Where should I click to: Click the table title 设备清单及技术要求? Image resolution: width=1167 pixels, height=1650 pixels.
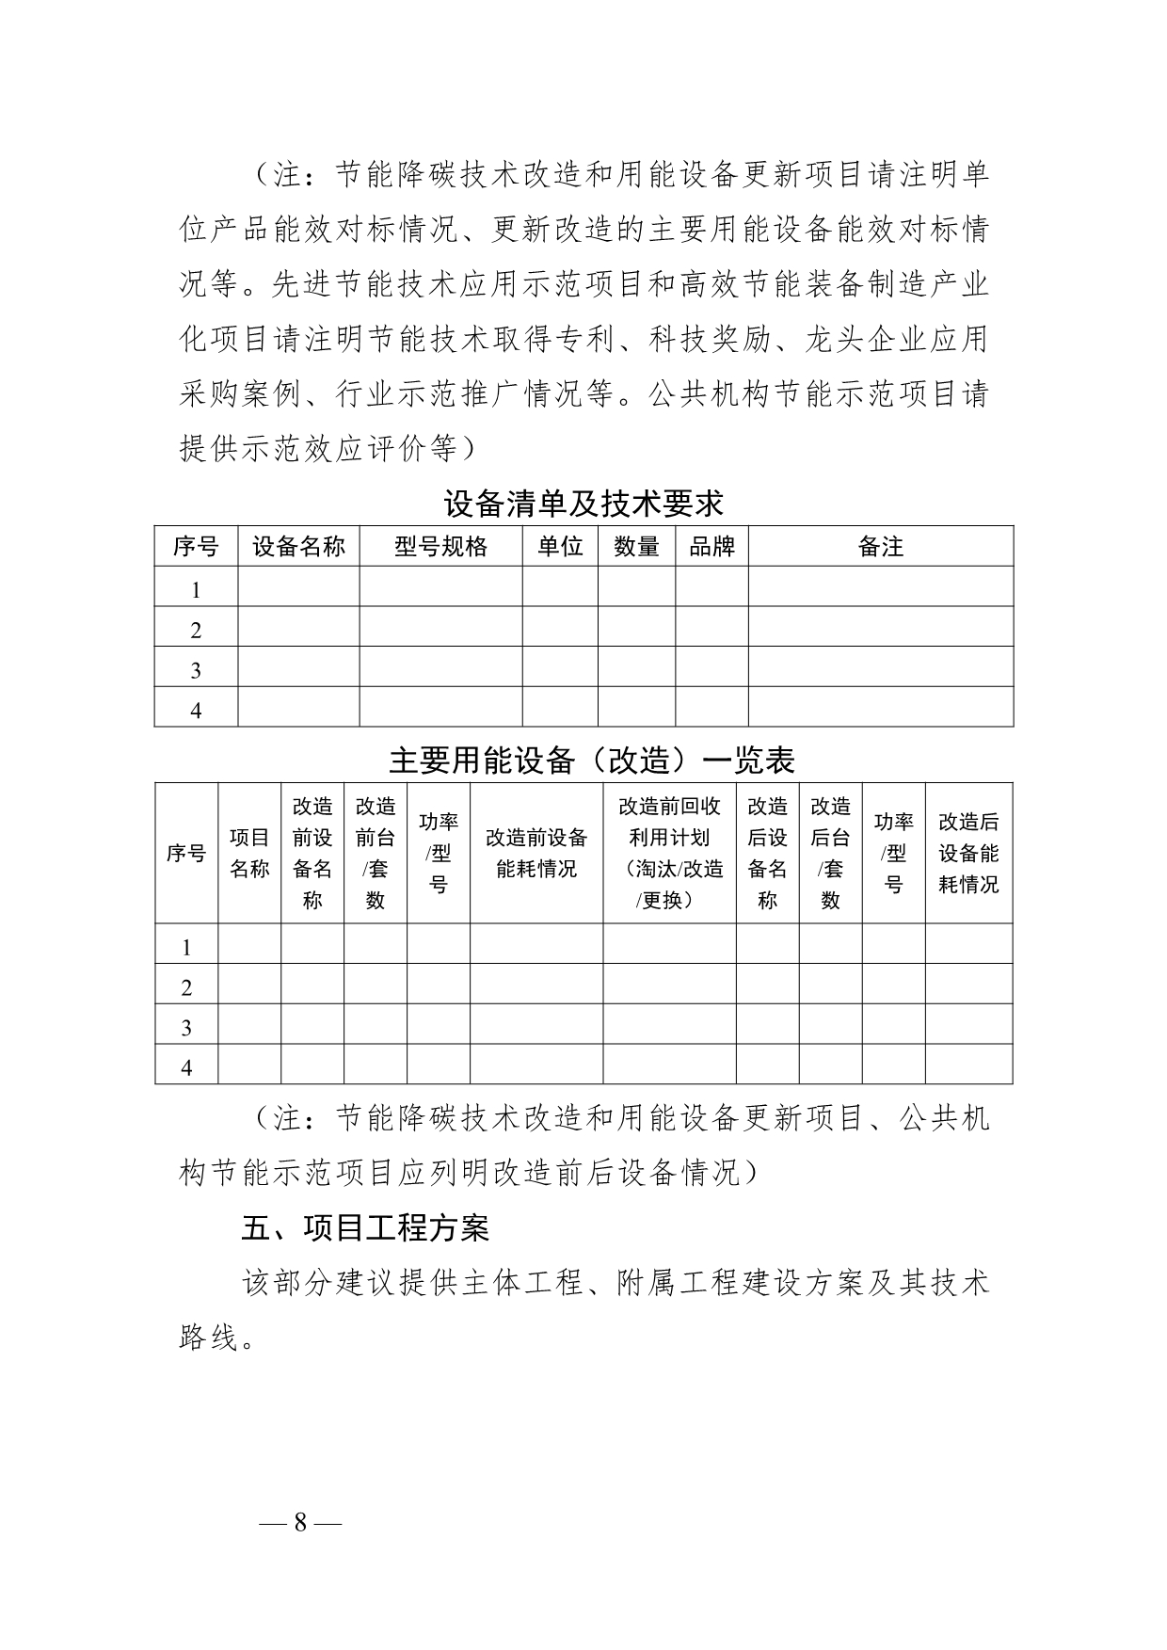point(583,505)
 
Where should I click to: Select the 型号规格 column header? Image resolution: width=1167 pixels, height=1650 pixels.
point(440,547)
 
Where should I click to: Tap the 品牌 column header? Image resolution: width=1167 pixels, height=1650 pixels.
point(711,547)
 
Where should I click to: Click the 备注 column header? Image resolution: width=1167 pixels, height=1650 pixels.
point(880,547)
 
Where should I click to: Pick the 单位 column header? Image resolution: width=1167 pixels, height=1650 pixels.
point(560,547)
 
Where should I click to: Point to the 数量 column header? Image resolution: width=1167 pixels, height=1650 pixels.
point(636,547)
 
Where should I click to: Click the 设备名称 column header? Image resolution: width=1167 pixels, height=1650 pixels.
point(298,547)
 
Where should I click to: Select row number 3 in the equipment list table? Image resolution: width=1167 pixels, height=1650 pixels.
point(196,670)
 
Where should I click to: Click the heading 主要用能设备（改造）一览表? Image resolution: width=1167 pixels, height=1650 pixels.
point(592,761)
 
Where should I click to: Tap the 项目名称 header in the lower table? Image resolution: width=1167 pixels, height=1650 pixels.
point(249,853)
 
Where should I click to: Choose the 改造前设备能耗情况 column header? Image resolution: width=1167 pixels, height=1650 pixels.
point(536,853)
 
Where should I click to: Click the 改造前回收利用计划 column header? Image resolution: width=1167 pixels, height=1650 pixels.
point(669,853)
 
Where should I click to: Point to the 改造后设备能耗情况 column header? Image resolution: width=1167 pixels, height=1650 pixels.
point(968,853)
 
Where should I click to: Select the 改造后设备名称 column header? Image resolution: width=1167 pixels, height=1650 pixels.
point(767,853)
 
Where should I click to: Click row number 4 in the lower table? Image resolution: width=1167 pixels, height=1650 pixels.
point(186,1067)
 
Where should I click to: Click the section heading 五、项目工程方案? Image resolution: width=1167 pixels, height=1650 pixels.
point(364,1228)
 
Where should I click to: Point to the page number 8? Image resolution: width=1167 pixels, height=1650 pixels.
point(300,1523)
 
